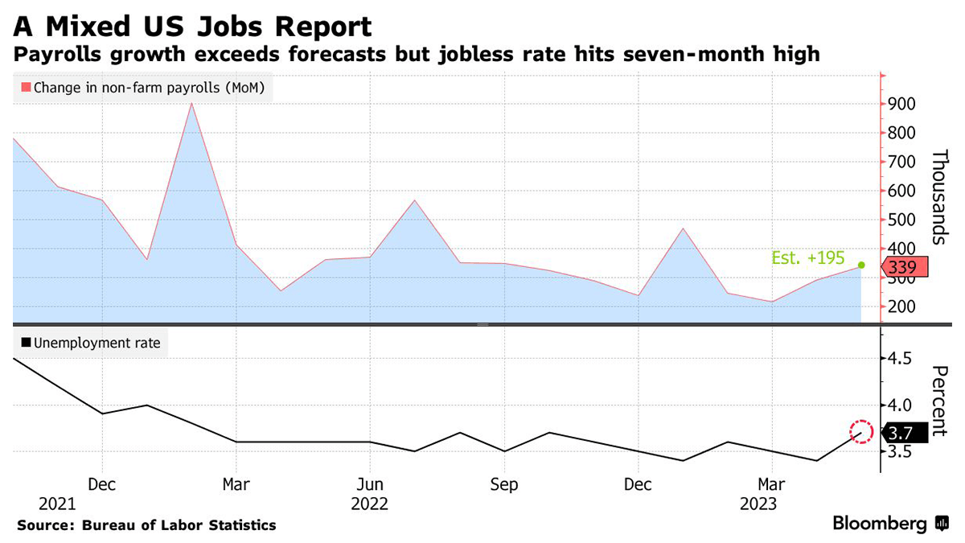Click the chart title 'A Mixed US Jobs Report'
pyautogui.click(x=192, y=26)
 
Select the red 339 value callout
pyautogui.click(x=906, y=268)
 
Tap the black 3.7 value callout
pyautogui.click(x=906, y=433)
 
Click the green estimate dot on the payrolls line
pyautogui.click(x=861, y=265)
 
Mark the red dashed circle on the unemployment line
pyautogui.click(x=861, y=433)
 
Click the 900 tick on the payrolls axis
pyautogui.click(x=901, y=104)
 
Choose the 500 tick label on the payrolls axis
pyautogui.click(x=901, y=220)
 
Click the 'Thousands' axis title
pyautogui.click(x=938, y=198)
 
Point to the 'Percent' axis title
pyautogui.click(x=938, y=401)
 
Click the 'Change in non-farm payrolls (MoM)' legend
pyautogui.click(x=143, y=88)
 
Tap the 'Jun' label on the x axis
pyautogui.click(x=369, y=485)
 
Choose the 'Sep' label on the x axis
pyautogui.click(x=503, y=485)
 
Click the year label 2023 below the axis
pyautogui.click(x=758, y=504)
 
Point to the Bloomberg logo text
pyautogui.click(x=880, y=524)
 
